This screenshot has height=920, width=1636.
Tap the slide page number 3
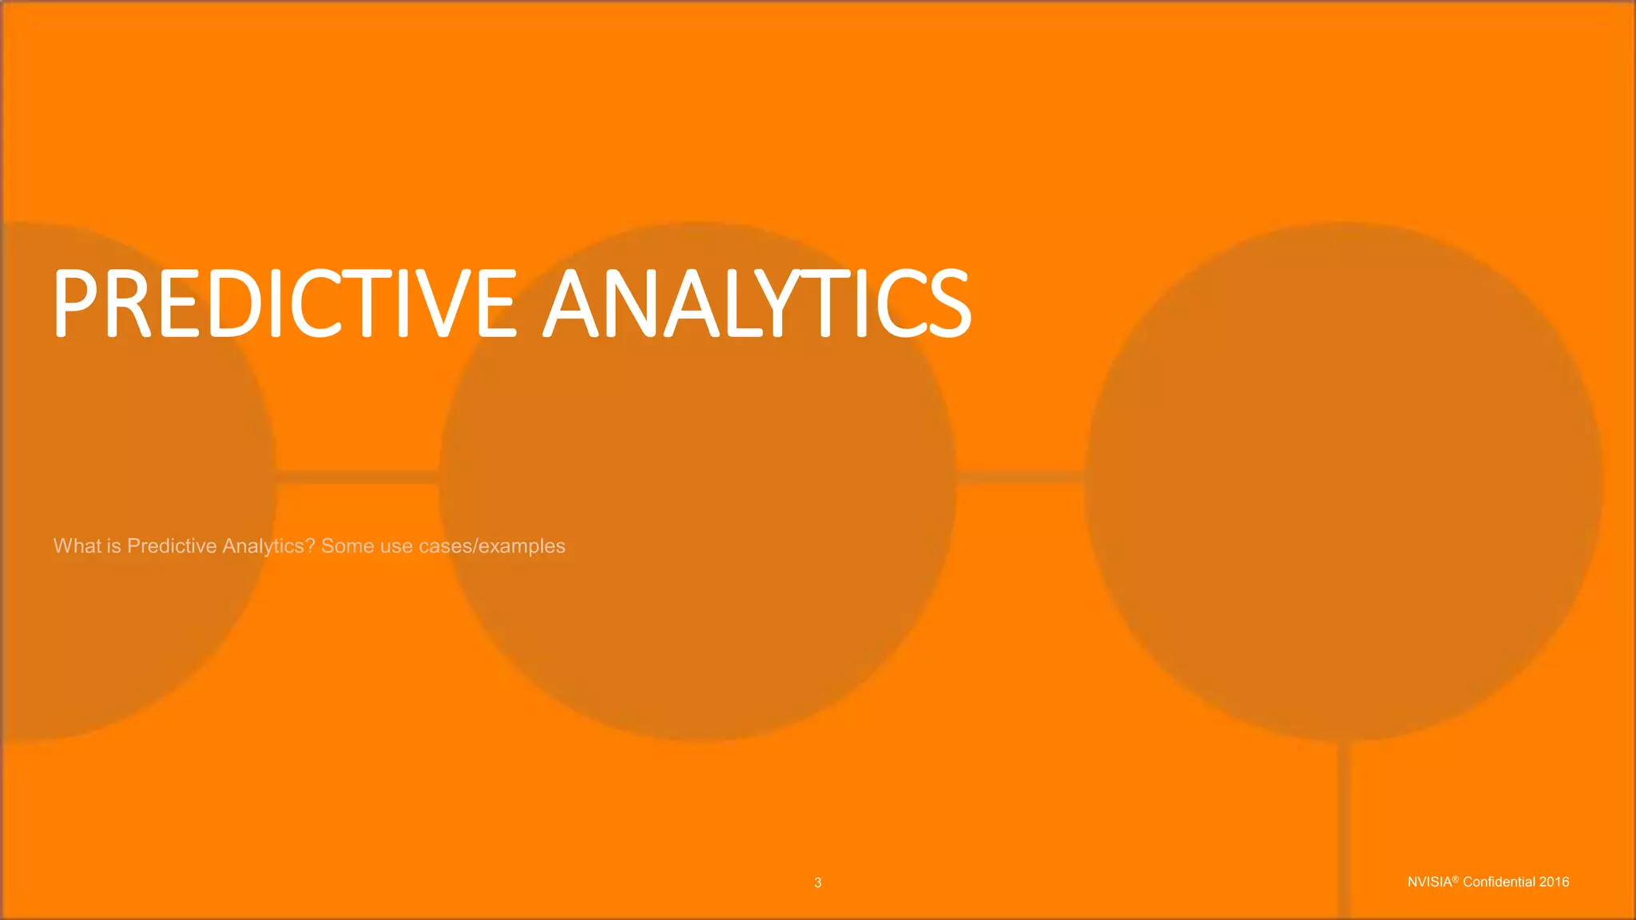tap(817, 882)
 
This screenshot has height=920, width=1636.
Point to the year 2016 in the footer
tap(1555, 882)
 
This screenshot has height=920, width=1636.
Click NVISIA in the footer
tap(1429, 882)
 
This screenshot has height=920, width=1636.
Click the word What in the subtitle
tap(77, 545)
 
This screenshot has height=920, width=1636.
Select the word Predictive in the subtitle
tap(172, 545)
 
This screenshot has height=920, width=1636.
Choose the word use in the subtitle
tap(396, 546)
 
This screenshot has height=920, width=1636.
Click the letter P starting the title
tap(77, 303)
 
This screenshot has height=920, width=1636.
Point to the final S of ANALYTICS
tap(948, 303)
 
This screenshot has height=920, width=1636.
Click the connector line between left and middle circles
tap(357, 477)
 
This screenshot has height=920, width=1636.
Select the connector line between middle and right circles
tap(1020, 477)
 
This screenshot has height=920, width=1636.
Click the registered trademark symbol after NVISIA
tap(1455, 878)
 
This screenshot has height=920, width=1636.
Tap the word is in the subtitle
tap(113, 545)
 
